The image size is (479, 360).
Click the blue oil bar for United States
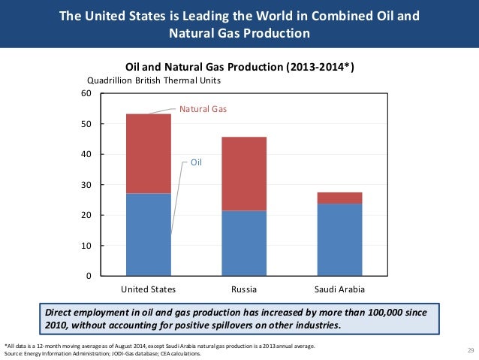[148, 234]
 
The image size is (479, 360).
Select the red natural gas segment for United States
[148, 153]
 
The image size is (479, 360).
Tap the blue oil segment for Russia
[243, 243]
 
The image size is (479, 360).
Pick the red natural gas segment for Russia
[243, 174]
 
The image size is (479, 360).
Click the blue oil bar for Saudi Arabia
[339, 239]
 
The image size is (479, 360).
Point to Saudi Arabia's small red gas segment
[339, 198]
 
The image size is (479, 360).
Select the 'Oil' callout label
[196, 162]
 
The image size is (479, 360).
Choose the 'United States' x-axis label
[148, 289]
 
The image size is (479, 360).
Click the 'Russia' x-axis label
[243, 289]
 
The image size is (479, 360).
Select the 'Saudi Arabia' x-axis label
[339, 289]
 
